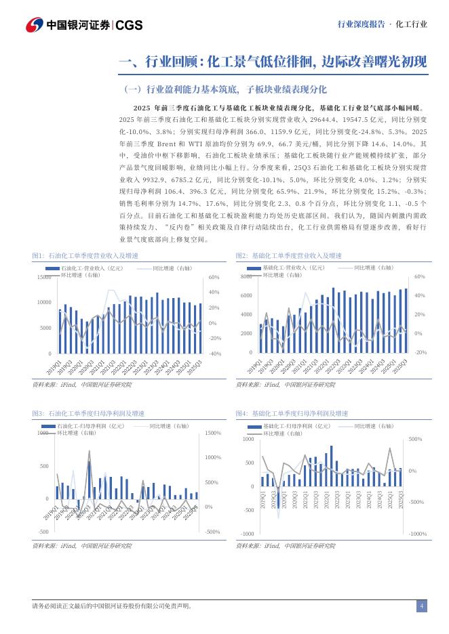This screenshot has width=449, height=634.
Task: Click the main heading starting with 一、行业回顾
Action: pos(272,63)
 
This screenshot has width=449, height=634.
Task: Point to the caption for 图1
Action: pos(85,255)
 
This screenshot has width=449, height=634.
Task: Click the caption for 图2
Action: pos(288,255)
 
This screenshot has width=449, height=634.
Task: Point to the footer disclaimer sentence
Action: pos(112,606)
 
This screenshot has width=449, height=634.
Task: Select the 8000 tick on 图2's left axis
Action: pos(246,277)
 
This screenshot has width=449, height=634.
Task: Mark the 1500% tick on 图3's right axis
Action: pos(213,433)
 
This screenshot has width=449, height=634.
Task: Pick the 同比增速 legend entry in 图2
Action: pos(370,268)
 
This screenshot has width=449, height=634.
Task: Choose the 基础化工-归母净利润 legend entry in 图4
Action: pos(296,426)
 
